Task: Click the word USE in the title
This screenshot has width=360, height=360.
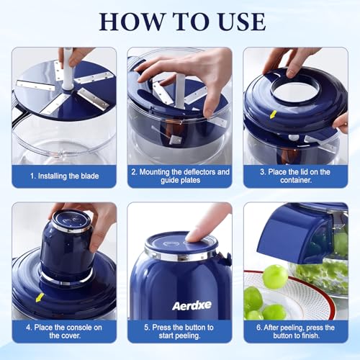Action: pos(242,22)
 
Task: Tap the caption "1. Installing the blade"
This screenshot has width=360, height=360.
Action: pos(64,176)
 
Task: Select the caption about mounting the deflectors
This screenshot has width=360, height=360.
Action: pos(180,176)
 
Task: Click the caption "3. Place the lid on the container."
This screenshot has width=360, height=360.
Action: pos(295,176)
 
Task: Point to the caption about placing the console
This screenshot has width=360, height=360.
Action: pos(64,331)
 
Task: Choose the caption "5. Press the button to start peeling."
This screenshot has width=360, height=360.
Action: pos(179,331)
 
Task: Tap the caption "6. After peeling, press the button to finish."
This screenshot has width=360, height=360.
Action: pos(296,331)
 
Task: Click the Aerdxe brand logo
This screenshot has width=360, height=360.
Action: pos(192,305)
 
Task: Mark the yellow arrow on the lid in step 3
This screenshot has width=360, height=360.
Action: pos(273,114)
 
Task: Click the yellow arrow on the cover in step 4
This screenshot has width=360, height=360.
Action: pos(40,297)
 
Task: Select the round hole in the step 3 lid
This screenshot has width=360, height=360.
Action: pos(295,93)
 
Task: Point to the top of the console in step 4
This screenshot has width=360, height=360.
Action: pos(71,220)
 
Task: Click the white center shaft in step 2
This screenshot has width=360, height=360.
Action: pos(180,91)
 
